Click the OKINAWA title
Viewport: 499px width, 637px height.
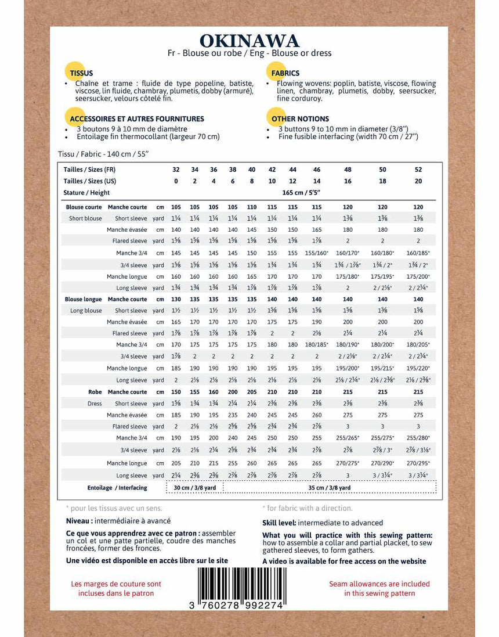tap(249, 41)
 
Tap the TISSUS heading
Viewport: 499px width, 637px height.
tap(81, 74)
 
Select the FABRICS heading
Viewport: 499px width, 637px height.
tap(285, 74)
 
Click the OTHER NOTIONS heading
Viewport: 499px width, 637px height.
tap(300, 119)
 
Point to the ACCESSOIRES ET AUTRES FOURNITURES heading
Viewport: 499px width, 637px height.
tap(136, 119)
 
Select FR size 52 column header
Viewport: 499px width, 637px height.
tap(418, 170)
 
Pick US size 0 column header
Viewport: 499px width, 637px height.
tap(176, 181)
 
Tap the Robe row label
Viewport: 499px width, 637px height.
tap(95, 392)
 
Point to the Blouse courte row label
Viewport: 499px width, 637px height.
tap(84, 207)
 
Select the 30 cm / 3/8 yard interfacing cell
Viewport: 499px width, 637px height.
tap(195, 488)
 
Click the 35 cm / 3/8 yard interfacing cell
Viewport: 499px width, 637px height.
tap(330, 488)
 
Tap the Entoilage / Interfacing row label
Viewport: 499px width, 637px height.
tap(117, 488)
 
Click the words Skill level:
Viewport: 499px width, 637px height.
tap(280, 523)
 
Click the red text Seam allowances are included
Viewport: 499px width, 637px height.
tap(379, 584)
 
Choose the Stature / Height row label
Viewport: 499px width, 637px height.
tap(87, 193)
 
